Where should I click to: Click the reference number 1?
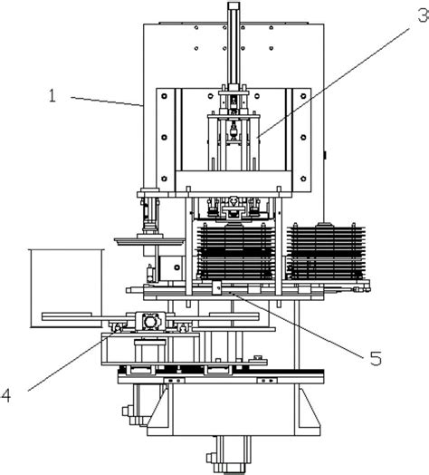pyautogui.click(x=52, y=96)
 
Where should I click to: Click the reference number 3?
pyautogui.click(x=424, y=15)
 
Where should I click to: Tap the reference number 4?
pyautogui.click(x=6, y=395)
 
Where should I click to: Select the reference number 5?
pyautogui.click(x=376, y=358)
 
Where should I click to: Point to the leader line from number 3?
pyautogui.click(x=333, y=82)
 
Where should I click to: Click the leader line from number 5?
pyautogui.click(x=296, y=325)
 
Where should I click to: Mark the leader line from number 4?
pyautogui.click(x=73, y=360)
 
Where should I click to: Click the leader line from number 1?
pyautogui.click(x=107, y=102)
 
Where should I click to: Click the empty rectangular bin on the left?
pyautogui.click(x=66, y=288)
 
